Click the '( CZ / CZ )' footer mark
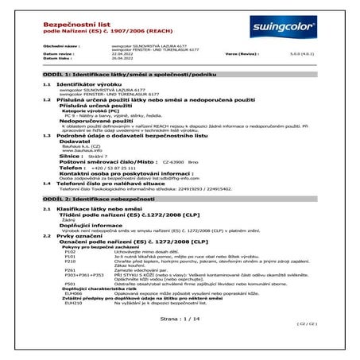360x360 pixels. coord(327,347)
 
